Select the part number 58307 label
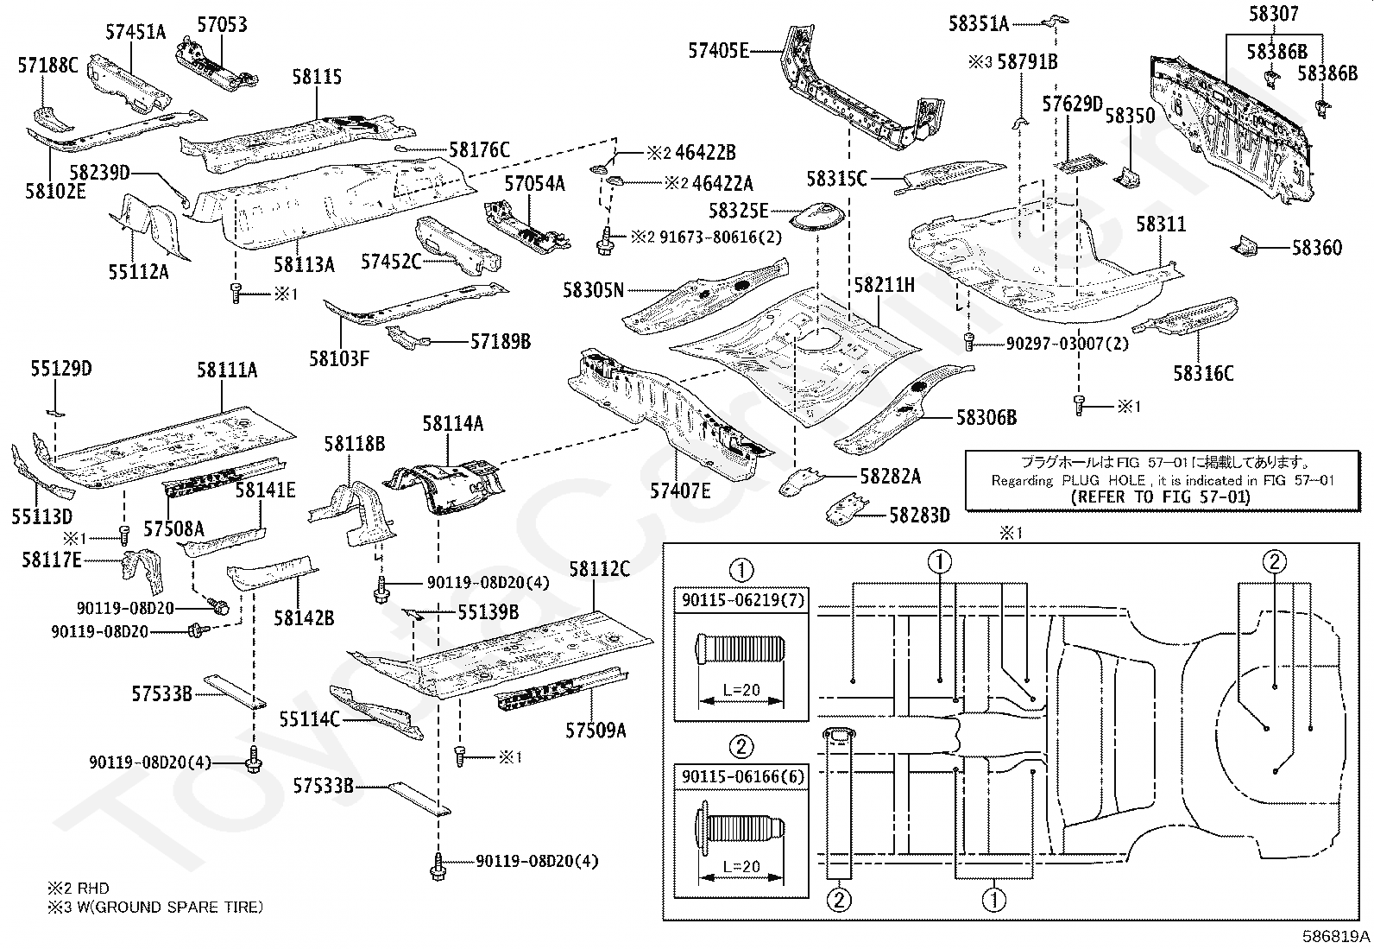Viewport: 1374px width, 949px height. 1273,14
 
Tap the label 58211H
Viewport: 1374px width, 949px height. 884,284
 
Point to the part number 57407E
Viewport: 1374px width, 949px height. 680,490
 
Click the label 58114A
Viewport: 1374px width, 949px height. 452,423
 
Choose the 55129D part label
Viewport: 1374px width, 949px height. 61,370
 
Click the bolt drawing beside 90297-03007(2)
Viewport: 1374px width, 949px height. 970,342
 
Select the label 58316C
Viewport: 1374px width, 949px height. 1203,373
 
